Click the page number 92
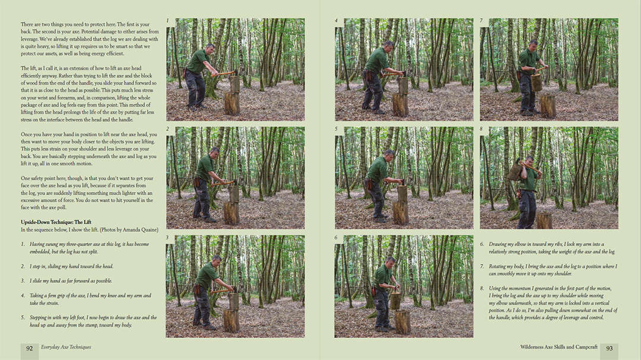[30, 349]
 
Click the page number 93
[609, 349]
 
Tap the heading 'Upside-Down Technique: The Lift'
[56, 222]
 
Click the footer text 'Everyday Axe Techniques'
[66, 347]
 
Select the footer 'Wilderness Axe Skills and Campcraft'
[559, 347]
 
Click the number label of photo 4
[336, 20]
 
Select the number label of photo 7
[481, 20]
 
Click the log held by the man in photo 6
[395, 300]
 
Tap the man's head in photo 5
[389, 155]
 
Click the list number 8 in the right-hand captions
[482, 288]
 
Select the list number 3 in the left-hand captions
[23, 281]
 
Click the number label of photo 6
[336, 238]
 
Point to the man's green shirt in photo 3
[205, 276]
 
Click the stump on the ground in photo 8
[544, 221]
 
